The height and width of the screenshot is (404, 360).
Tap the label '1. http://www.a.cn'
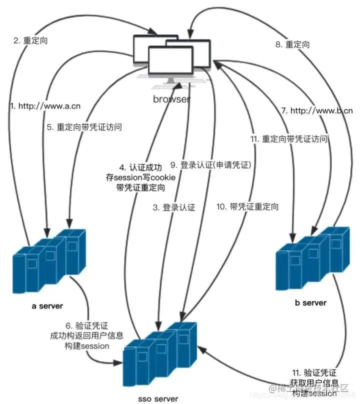[45, 105]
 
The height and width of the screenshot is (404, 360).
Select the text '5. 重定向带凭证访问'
[84, 127]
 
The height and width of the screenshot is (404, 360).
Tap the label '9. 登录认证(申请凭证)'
[210, 164]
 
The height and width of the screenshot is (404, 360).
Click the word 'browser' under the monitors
[171, 99]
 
